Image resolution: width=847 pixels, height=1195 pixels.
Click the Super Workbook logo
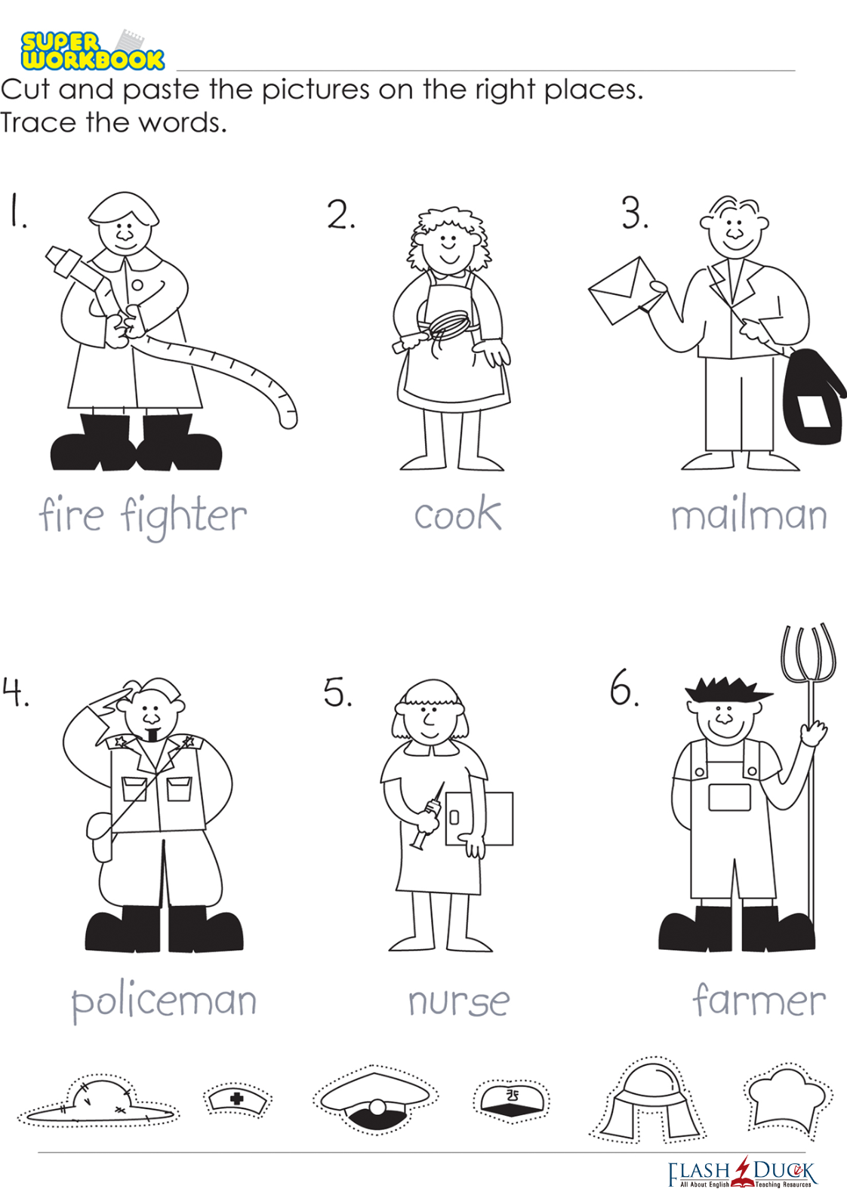point(92,51)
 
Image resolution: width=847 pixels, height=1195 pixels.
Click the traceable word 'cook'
point(458,513)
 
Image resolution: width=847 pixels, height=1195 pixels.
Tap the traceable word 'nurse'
point(459,1001)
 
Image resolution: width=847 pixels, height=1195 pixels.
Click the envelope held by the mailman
point(622,290)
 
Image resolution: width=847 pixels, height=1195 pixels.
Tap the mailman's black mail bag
point(812,397)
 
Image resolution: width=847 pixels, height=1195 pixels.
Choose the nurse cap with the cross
point(238,1098)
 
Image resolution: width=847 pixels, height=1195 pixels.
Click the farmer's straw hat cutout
point(99,1099)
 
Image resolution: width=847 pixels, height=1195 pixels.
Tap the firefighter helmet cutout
point(648,1098)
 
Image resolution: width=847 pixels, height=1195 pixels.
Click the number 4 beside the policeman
point(15,693)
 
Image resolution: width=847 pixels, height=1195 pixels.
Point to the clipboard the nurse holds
point(479,819)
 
